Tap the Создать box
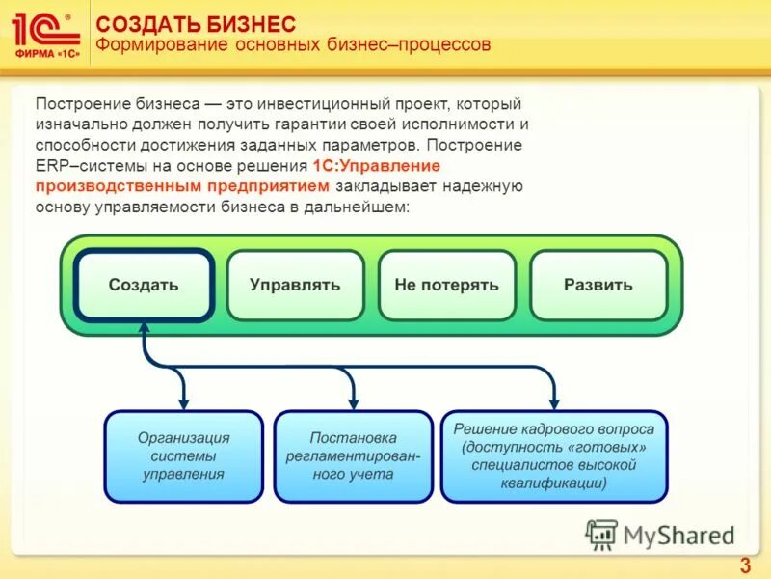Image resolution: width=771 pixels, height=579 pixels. (144, 285)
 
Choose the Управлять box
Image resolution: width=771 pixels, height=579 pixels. (295, 285)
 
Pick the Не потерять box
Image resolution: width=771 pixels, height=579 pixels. (446, 285)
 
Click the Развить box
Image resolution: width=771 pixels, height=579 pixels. (598, 285)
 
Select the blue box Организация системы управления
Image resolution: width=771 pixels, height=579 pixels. (183, 455)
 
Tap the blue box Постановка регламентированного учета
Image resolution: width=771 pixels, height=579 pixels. (352, 455)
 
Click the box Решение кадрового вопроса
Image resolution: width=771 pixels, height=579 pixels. (553, 455)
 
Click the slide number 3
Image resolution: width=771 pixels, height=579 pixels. (744, 565)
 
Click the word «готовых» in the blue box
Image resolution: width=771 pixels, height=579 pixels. (607, 447)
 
